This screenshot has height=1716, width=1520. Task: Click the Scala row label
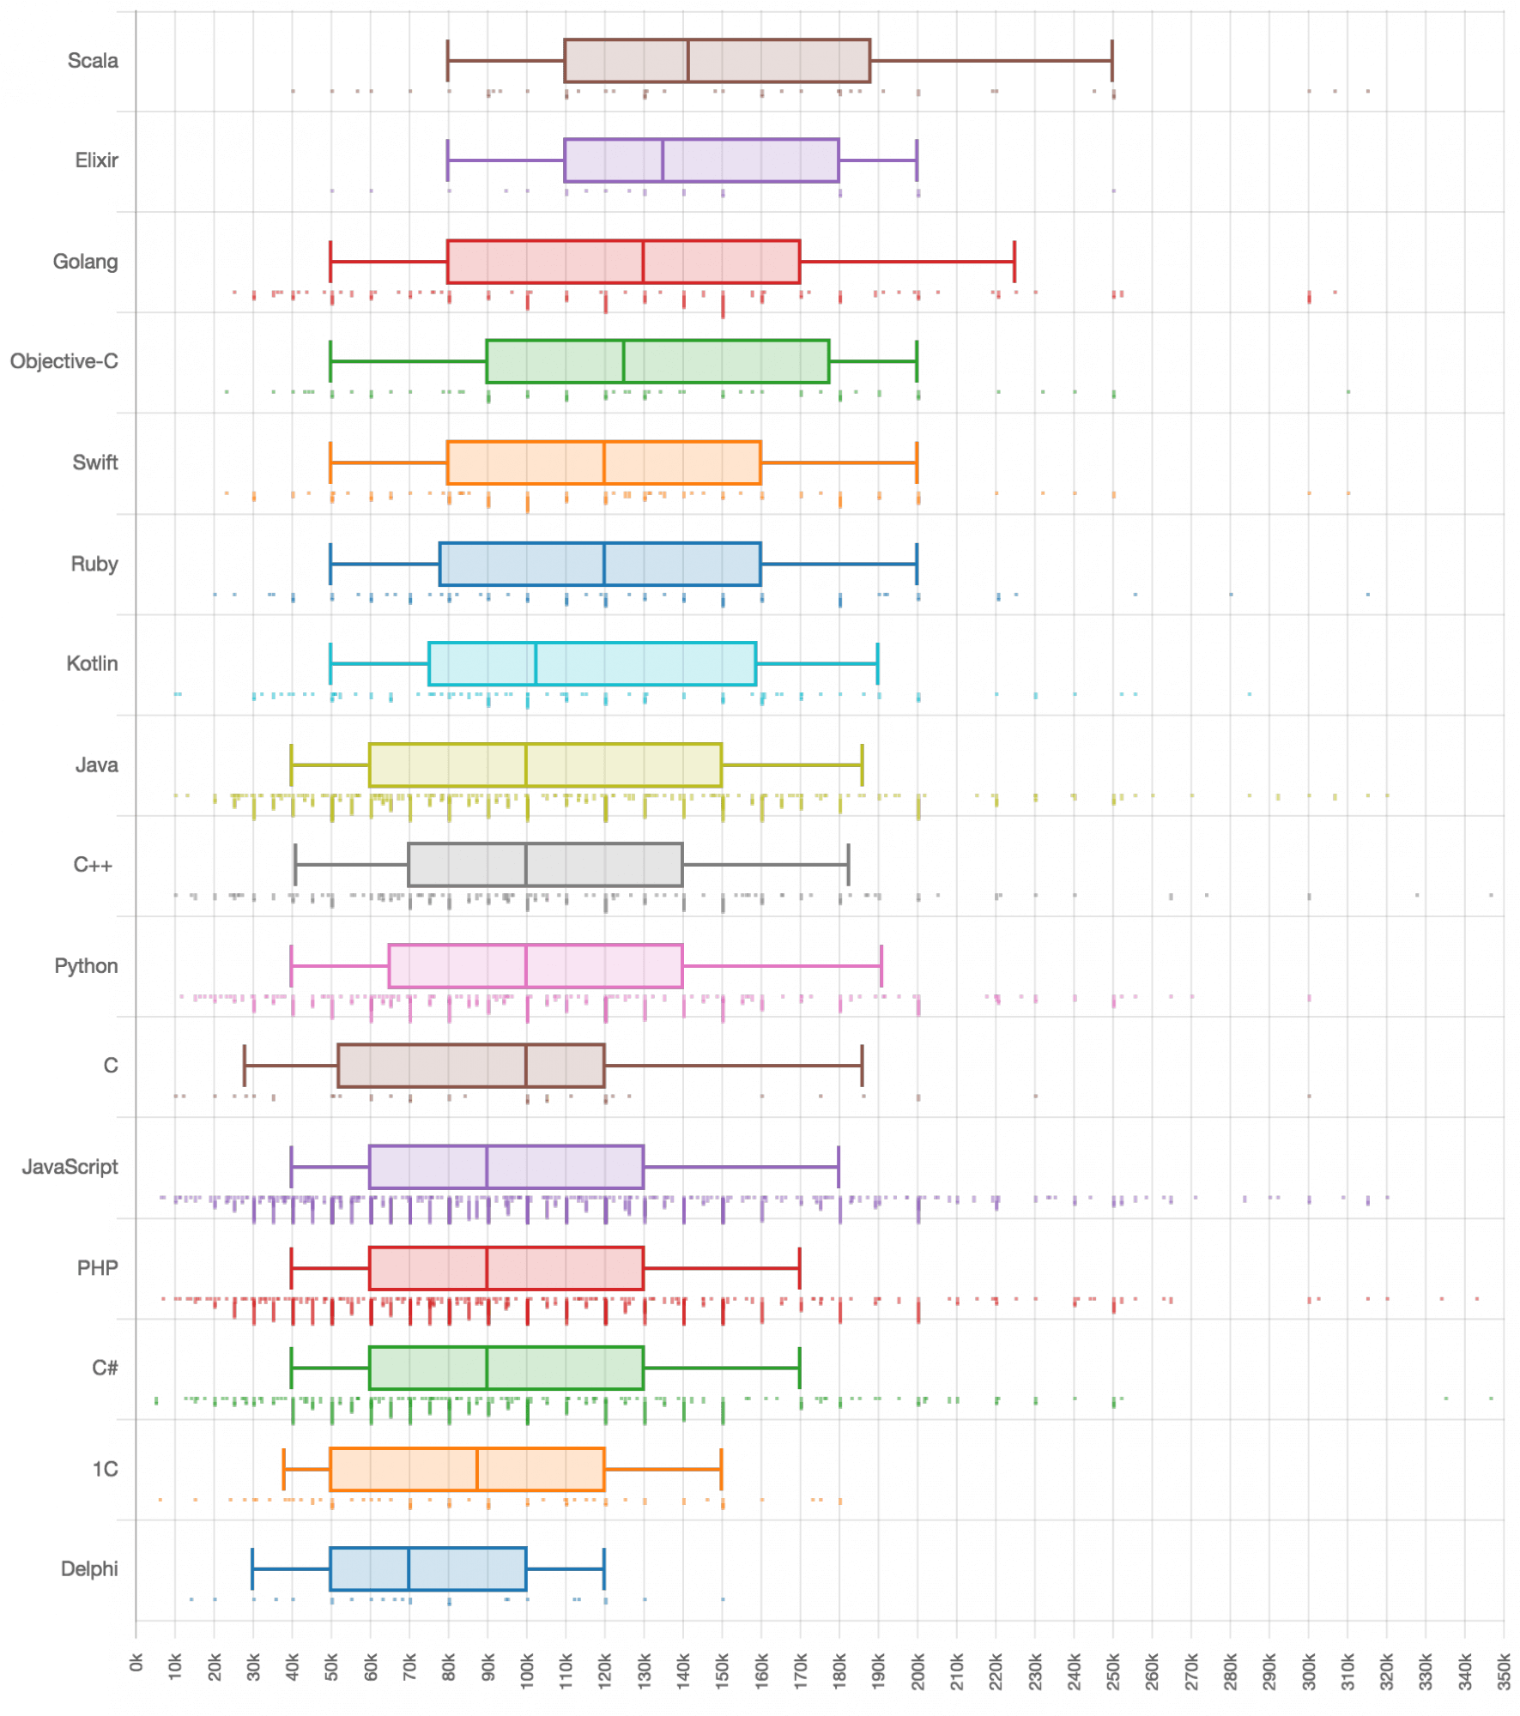tap(93, 61)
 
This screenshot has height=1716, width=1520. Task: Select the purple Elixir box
tap(701, 160)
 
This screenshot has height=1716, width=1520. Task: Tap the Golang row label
tap(85, 262)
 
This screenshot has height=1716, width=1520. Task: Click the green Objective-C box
tap(657, 361)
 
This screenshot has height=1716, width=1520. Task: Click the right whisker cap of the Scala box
tap(1112, 61)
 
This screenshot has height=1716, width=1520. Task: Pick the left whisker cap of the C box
tap(245, 1066)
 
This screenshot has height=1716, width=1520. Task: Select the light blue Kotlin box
tap(592, 663)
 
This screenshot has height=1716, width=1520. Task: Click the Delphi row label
tap(89, 1569)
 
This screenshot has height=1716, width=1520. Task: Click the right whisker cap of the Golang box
tap(1014, 262)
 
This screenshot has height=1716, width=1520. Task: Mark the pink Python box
tap(535, 966)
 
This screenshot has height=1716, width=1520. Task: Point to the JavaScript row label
tap(70, 1167)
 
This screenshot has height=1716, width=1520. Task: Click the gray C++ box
tap(545, 865)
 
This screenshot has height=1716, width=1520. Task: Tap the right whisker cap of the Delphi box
tap(604, 1569)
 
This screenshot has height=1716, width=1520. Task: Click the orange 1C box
tap(467, 1469)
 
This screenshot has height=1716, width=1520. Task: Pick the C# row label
tap(105, 1368)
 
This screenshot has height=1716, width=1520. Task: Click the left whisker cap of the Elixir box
tap(448, 160)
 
